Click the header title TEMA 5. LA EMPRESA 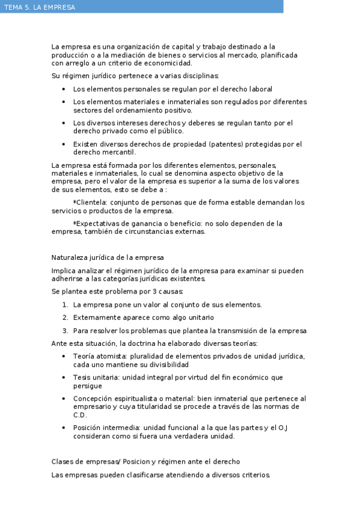(40, 7)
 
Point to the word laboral (260, 89)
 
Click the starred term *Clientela (90, 203)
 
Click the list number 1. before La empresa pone (65, 305)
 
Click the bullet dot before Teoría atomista (64, 357)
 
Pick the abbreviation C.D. (80, 415)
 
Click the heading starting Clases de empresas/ (145, 462)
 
